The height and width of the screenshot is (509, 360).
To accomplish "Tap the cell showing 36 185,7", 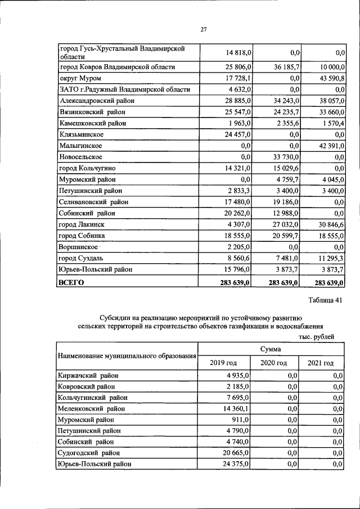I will click(284, 67).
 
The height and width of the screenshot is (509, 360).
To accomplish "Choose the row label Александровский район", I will click(97, 101).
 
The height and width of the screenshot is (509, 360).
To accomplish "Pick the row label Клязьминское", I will click(80, 135).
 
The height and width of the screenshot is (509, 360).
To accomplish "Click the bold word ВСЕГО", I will click(71, 282).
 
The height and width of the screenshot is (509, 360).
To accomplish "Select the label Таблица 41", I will click(326, 300).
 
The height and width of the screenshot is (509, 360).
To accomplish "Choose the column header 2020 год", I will click(274, 363).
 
